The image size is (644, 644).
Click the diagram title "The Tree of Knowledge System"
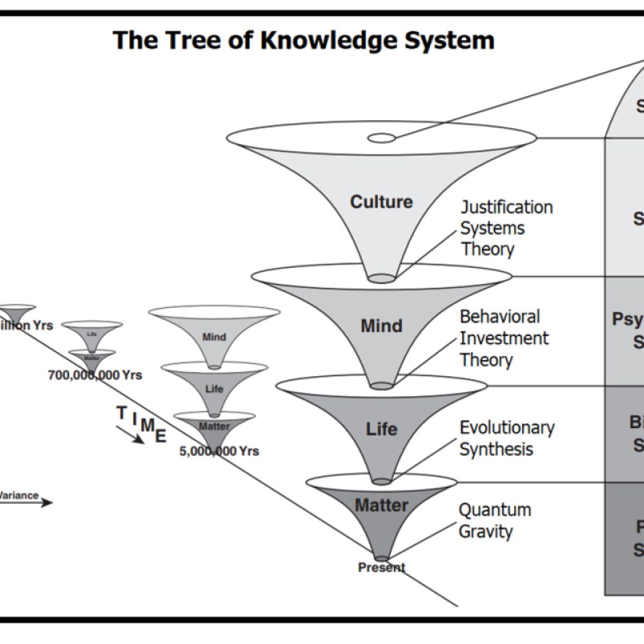[x=304, y=41]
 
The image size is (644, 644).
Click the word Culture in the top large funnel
[x=381, y=202]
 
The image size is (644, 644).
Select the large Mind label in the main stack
[x=381, y=326]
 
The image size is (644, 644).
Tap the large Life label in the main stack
[x=381, y=429]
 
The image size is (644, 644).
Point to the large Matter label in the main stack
[x=381, y=505]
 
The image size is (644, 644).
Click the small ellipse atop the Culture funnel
[x=381, y=138]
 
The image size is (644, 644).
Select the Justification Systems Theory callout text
[x=506, y=228]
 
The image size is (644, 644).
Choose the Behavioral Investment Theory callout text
[x=503, y=338]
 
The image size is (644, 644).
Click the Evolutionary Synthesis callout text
[x=506, y=438]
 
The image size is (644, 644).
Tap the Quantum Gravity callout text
[x=494, y=521]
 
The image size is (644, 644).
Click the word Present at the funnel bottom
[x=382, y=567]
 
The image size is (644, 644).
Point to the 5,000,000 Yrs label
[x=219, y=451]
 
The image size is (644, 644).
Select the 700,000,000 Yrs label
[x=95, y=375]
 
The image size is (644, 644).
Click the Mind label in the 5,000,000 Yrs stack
[x=214, y=337]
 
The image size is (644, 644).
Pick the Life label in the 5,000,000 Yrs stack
[x=214, y=389]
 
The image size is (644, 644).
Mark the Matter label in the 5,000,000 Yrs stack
[x=214, y=427]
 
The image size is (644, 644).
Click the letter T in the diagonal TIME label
[x=122, y=412]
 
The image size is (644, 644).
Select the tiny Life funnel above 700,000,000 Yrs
[x=92, y=333]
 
